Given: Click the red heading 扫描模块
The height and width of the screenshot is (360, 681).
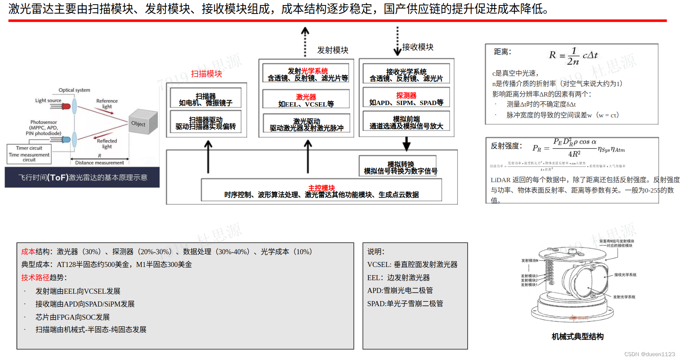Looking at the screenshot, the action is (206, 74).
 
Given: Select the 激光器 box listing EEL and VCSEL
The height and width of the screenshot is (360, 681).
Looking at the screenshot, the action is (306, 100).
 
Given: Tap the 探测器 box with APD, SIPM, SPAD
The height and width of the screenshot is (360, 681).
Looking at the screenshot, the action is (406, 99).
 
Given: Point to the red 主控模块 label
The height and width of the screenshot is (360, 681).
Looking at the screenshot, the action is (322, 188).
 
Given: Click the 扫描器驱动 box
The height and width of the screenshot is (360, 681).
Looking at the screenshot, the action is (206, 123).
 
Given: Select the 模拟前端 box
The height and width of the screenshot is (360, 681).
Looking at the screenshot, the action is (406, 122).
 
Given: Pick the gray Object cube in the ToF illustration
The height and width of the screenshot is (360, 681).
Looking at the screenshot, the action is (143, 122).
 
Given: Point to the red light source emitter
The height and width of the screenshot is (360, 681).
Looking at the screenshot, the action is (65, 106).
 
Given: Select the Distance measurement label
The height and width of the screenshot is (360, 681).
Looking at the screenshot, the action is (100, 163).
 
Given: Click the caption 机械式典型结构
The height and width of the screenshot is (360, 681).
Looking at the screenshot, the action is (578, 336).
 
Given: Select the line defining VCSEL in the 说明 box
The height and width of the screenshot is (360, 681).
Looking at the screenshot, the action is (412, 265).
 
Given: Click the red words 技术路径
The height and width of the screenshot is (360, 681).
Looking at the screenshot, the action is (35, 277).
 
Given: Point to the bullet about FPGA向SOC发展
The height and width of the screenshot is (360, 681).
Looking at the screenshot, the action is (73, 317).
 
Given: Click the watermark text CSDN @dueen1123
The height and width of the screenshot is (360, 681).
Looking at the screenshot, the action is (650, 354).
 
